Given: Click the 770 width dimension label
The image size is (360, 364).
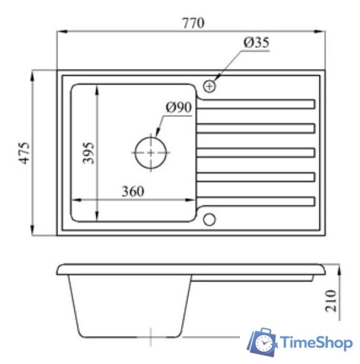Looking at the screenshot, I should click(193, 23).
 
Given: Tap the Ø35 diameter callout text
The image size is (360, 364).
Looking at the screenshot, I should click(256, 43).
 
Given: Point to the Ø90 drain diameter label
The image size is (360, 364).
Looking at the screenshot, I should click(178, 107).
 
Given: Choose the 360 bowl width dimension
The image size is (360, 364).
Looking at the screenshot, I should click(132, 191).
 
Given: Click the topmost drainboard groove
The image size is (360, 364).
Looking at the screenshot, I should click(256, 104).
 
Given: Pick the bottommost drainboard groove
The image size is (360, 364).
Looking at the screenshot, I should click(256, 201).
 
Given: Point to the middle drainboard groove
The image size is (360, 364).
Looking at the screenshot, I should click(256, 152).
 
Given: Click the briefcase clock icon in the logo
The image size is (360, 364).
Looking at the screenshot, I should click(263, 343).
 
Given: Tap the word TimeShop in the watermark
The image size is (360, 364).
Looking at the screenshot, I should click(317, 343).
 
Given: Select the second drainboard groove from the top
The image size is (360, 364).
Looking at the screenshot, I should click(256, 128).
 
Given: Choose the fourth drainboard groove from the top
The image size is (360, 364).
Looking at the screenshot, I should click(256, 177).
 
